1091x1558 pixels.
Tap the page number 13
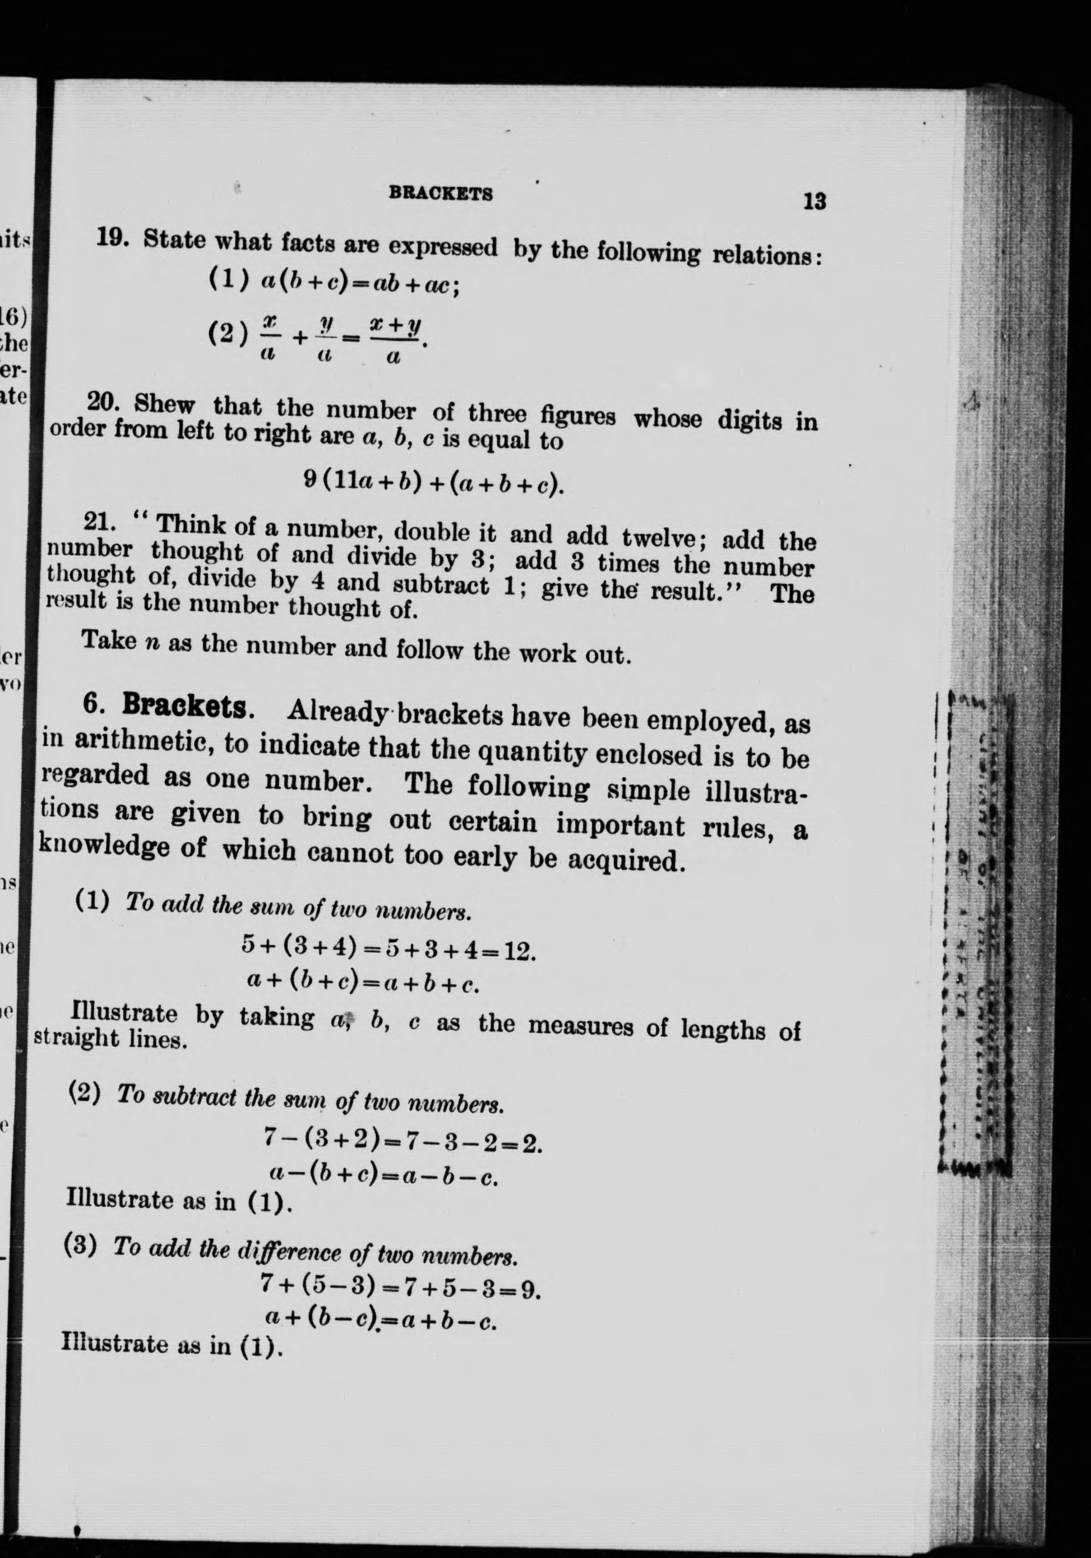[x=814, y=201]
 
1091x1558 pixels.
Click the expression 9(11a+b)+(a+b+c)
[x=434, y=483]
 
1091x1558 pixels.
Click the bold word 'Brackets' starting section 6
[x=184, y=707]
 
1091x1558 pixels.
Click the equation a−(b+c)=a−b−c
[x=384, y=1174]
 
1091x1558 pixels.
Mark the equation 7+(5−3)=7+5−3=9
[x=400, y=1285]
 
